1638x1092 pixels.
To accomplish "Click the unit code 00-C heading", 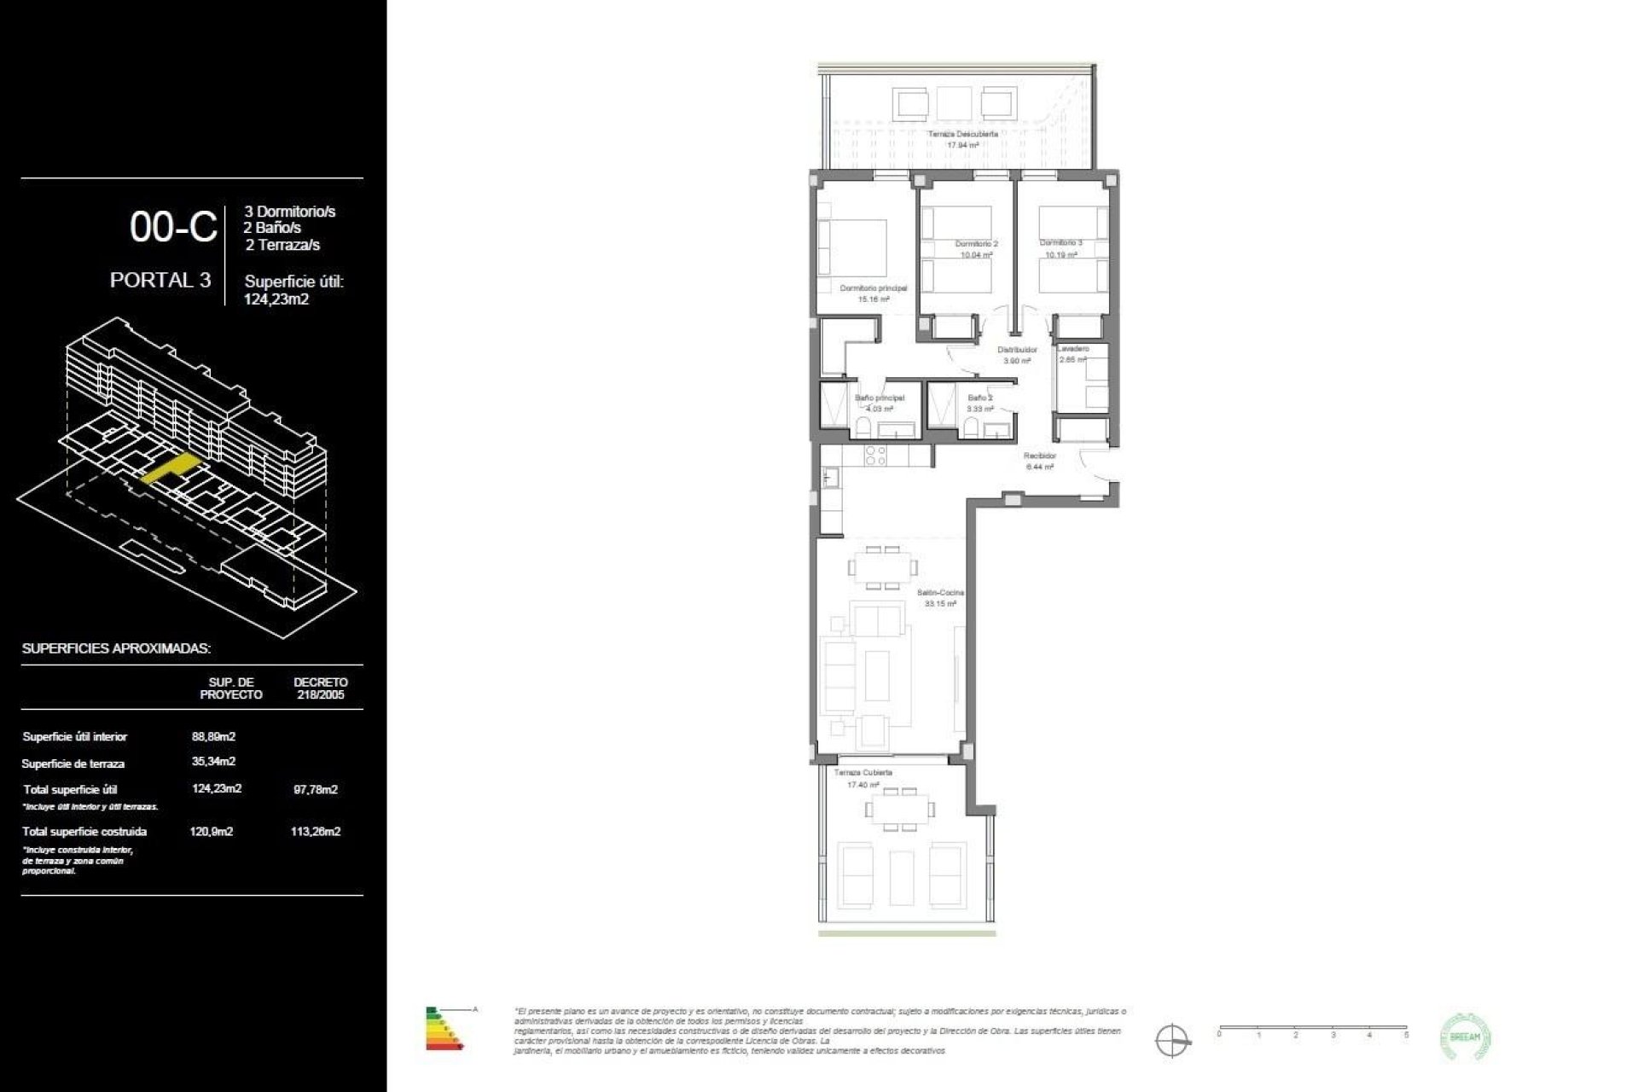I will (173, 227).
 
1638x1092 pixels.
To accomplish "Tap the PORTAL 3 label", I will (160, 280).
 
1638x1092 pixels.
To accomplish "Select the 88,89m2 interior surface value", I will (213, 736).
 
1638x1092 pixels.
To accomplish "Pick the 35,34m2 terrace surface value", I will (213, 761).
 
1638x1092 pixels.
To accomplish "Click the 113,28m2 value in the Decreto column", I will (315, 831).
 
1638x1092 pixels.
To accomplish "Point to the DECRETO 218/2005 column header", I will (320, 688).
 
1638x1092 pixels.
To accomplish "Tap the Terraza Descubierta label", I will (962, 135).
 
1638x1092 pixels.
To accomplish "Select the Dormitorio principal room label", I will (873, 288).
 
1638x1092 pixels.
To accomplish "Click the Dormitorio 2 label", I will (976, 244).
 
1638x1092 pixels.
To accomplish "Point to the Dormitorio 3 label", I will (1060, 243).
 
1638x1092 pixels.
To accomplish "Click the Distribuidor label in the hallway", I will (1017, 350).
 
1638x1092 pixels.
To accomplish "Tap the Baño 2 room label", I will (979, 398).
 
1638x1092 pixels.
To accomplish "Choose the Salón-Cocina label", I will (940, 592).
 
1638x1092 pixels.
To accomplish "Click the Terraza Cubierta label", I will (863, 772).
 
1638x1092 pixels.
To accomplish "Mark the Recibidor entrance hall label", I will (1040, 456).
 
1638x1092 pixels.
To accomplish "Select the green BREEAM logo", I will (1465, 1037).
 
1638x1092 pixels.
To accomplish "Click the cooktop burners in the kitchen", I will (876, 456).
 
